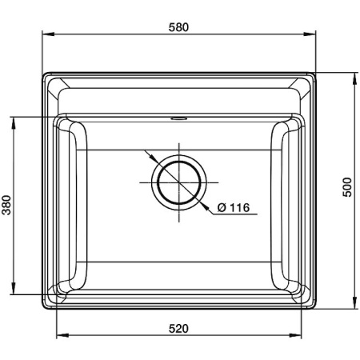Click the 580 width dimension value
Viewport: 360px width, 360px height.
tap(178, 27)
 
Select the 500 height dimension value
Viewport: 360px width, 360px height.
tap(346, 189)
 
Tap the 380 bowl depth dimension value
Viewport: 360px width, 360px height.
tap(7, 206)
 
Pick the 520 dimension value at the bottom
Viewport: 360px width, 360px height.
tap(178, 328)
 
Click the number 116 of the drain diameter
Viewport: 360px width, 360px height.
tap(239, 209)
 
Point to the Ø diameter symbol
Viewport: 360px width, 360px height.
tap(222, 209)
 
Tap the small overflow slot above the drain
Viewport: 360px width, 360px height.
tap(178, 118)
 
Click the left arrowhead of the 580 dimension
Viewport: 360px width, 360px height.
tap(45, 34)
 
